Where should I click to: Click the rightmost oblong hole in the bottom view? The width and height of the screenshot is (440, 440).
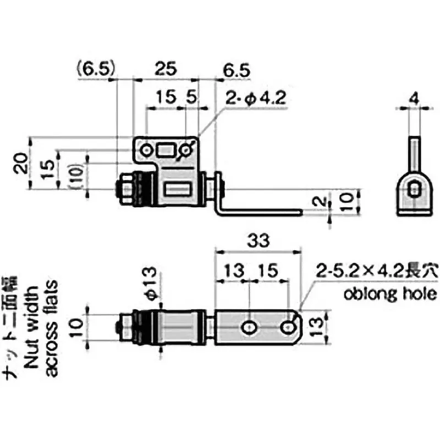[x=288, y=328]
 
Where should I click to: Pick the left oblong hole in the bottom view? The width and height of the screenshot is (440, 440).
[x=249, y=328]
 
